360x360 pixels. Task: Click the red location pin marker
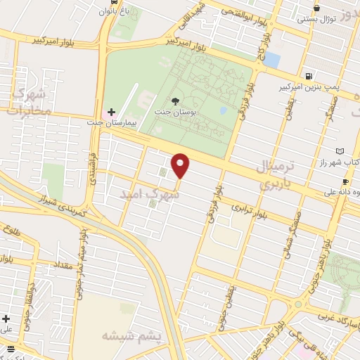[x=181, y=165]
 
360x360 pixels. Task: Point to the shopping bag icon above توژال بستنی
[x=316, y=8]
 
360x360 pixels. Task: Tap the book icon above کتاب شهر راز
[x=340, y=151]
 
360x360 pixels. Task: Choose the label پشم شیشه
[x=132, y=335]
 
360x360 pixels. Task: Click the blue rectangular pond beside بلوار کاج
[x=271, y=60]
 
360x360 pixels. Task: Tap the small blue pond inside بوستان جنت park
[x=223, y=110]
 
